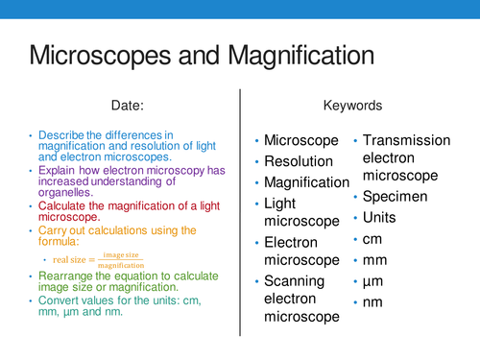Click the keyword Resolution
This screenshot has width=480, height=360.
click(x=299, y=161)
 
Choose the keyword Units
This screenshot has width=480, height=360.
click(x=382, y=218)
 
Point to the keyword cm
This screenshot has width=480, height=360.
click(x=375, y=239)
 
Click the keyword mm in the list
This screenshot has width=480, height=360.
click(x=377, y=260)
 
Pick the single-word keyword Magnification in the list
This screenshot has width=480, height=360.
click(x=306, y=182)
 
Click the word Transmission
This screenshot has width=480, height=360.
click(x=406, y=140)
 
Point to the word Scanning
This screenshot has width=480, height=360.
click(x=296, y=281)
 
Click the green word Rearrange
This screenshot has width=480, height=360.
click(x=66, y=276)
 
